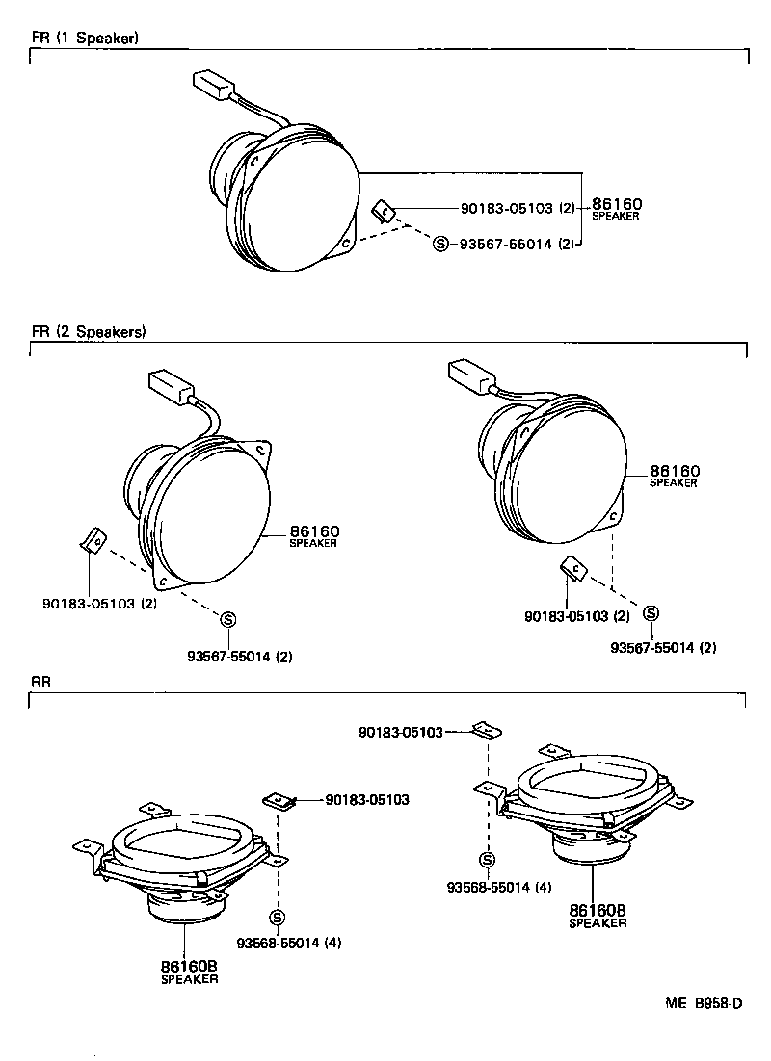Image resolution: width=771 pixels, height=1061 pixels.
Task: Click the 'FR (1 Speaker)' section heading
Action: click(x=85, y=39)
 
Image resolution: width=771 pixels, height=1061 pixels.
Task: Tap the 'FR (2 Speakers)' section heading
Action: click(x=88, y=332)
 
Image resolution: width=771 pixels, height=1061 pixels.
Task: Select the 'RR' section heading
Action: click(x=40, y=682)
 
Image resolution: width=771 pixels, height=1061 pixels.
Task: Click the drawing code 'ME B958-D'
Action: click(x=703, y=1003)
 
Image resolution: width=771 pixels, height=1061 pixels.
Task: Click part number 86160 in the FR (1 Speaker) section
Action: click(x=616, y=204)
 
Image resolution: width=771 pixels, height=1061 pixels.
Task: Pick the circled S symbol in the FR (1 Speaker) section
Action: click(x=441, y=245)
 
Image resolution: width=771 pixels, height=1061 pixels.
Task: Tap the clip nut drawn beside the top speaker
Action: click(x=384, y=210)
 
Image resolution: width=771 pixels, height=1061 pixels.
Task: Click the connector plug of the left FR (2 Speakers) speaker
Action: click(x=169, y=389)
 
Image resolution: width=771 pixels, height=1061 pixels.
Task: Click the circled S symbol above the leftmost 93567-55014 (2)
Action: click(x=229, y=618)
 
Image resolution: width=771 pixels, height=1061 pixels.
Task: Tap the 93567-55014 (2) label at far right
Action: click(x=663, y=647)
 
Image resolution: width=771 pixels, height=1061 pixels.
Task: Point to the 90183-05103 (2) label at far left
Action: click(x=99, y=604)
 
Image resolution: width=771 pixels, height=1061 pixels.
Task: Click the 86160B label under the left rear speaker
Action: click(x=189, y=967)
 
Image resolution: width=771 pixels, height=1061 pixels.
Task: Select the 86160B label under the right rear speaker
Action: click(x=598, y=910)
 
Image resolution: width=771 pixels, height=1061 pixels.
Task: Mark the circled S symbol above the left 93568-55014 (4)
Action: click(x=278, y=917)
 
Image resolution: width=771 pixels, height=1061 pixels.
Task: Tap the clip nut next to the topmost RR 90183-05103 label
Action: click(x=487, y=732)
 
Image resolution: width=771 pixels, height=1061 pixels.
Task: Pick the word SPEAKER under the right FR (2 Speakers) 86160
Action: click(x=673, y=483)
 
